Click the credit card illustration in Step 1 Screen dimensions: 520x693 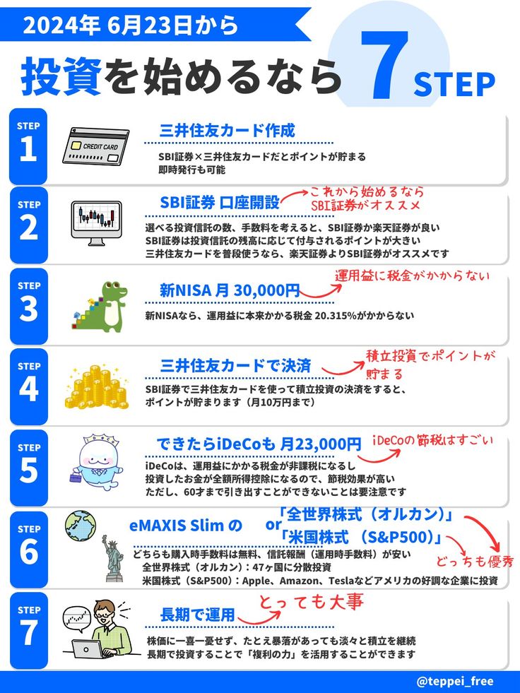point(95,146)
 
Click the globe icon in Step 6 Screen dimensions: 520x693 point(81,526)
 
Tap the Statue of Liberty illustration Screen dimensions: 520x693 point(114,558)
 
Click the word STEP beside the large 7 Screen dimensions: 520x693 point(454,84)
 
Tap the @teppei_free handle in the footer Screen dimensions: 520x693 point(455,681)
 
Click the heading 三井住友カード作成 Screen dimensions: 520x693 point(227,131)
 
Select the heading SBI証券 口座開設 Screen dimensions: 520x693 point(220,203)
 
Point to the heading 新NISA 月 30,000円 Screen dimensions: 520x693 point(230,290)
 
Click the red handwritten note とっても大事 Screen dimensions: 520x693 point(311,602)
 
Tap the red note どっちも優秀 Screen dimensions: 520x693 point(475,562)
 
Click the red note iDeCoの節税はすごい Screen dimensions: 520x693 point(432,440)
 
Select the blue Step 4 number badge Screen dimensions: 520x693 point(29,386)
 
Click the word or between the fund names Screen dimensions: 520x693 point(273,525)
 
